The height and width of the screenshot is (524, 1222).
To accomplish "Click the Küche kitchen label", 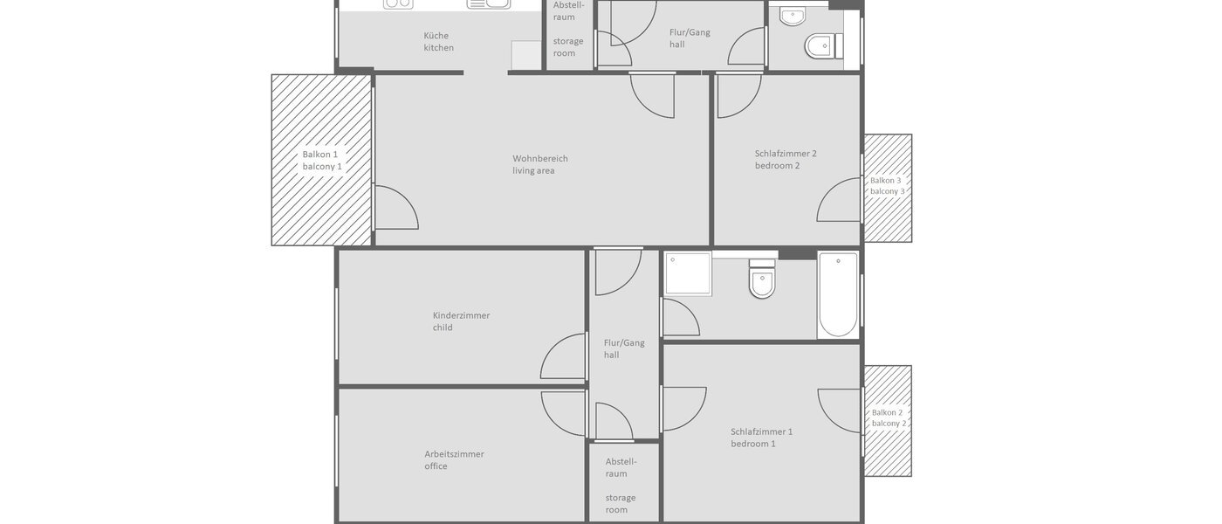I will click(438, 42).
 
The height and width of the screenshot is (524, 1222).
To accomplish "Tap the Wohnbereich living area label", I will click(539, 164).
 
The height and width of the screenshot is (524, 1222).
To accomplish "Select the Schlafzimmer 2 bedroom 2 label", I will click(785, 159).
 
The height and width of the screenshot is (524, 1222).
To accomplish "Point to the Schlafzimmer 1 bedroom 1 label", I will click(761, 437).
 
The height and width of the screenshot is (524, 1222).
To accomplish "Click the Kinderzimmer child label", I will click(461, 321).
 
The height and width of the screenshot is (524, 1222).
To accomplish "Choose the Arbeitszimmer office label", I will click(454, 459).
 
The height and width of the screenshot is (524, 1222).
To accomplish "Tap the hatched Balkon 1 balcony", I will click(321, 160).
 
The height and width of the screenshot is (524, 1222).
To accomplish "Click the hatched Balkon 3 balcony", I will click(888, 187).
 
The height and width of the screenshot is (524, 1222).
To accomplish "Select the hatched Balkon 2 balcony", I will click(888, 419).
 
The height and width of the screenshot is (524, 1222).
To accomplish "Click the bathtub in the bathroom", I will click(838, 294).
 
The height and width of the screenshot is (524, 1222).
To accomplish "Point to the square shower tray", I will click(688, 273).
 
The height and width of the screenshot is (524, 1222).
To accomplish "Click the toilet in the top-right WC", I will click(822, 45).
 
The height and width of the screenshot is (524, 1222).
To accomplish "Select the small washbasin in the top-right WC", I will click(793, 16).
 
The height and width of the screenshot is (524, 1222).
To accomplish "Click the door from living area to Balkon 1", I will click(395, 208).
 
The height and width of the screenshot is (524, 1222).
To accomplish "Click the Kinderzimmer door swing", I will click(564, 356).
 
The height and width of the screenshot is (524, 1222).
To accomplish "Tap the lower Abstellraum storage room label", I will click(621, 485).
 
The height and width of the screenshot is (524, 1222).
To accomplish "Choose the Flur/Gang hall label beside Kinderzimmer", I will click(624, 348).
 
